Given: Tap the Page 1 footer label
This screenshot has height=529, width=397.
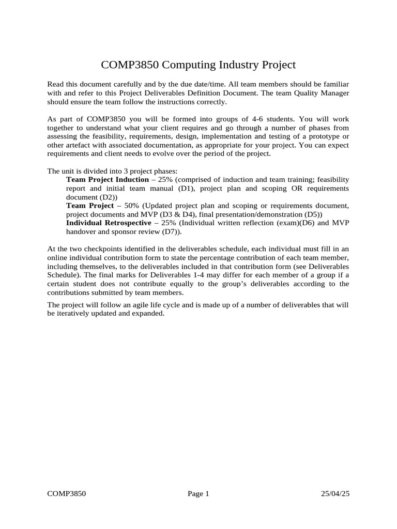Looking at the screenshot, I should click(198, 494).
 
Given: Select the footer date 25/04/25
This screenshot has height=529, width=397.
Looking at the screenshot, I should click(335, 494).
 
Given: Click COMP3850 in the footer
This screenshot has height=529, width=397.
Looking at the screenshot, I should click(66, 494).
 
